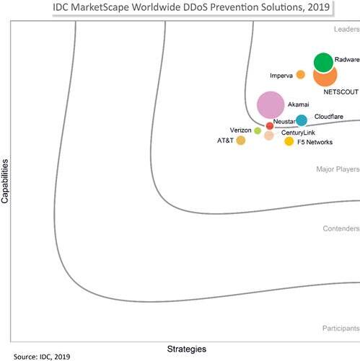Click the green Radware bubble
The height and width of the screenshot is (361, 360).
tap(323, 63)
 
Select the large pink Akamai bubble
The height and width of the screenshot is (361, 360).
tap(271, 105)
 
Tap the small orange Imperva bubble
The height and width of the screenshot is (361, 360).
tap(300, 75)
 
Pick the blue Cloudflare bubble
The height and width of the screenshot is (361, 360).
tap(302, 120)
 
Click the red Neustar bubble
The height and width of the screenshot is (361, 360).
tap(270, 125)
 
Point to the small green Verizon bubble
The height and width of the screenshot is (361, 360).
tap(258, 131)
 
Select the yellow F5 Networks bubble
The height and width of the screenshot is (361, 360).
tap(289, 141)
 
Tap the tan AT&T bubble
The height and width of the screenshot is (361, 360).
tap(241, 141)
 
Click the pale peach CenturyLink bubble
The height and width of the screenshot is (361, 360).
tap(269, 135)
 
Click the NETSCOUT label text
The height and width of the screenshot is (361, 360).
tap(341, 92)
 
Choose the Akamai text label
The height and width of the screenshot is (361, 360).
tap(299, 104)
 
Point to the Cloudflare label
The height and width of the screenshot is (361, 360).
tap(329, 117)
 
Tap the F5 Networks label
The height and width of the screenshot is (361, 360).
tap(315, 142)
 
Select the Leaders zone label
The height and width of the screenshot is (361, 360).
tap(347, 30)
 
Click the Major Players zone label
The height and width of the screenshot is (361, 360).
tap(338, 169)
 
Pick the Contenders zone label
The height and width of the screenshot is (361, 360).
tap(341, 228)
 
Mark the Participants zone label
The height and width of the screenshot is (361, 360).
tap(341, 329)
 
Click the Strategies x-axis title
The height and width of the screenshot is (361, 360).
tap(187, 349)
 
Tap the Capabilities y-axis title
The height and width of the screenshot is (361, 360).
tap(5, 182)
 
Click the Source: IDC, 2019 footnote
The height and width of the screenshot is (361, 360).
tap(42, 357)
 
